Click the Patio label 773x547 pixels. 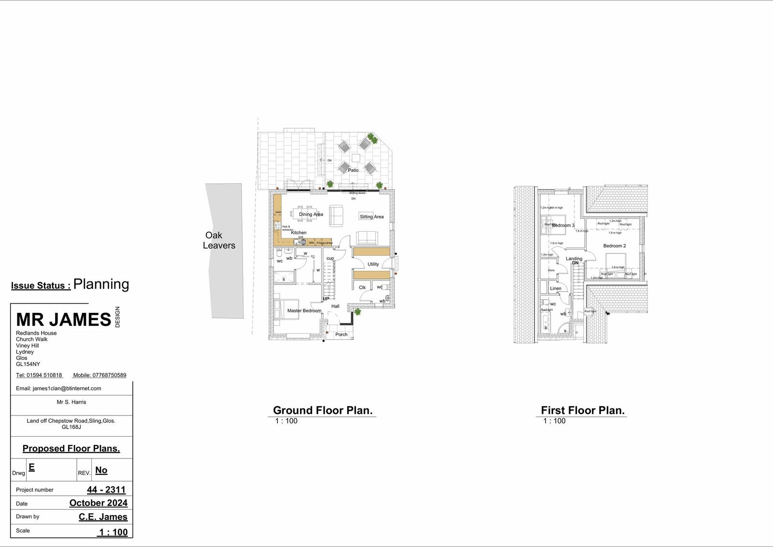[353, 170]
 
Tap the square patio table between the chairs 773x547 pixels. [356, 158]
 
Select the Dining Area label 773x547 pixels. [311, 214]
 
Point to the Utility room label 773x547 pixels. [373, 264]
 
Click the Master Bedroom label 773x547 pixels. [304, 310]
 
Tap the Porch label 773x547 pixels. [341, 334]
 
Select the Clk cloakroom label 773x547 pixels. [362, 287]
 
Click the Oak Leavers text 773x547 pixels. [219, 240]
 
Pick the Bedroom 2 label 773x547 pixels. [614, 246]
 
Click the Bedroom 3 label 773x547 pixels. [563, 225]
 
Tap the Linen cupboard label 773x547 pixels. [556, 288]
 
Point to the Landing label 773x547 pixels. [574, 259]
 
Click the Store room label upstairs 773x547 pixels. [551, 270]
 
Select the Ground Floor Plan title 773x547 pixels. [322, 410]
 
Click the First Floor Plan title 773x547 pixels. [582, 410]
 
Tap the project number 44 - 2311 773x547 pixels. [106, 489]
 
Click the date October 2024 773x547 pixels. [98, 503]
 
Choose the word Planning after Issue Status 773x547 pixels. [101, 284]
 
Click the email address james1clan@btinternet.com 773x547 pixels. [67, 388]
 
